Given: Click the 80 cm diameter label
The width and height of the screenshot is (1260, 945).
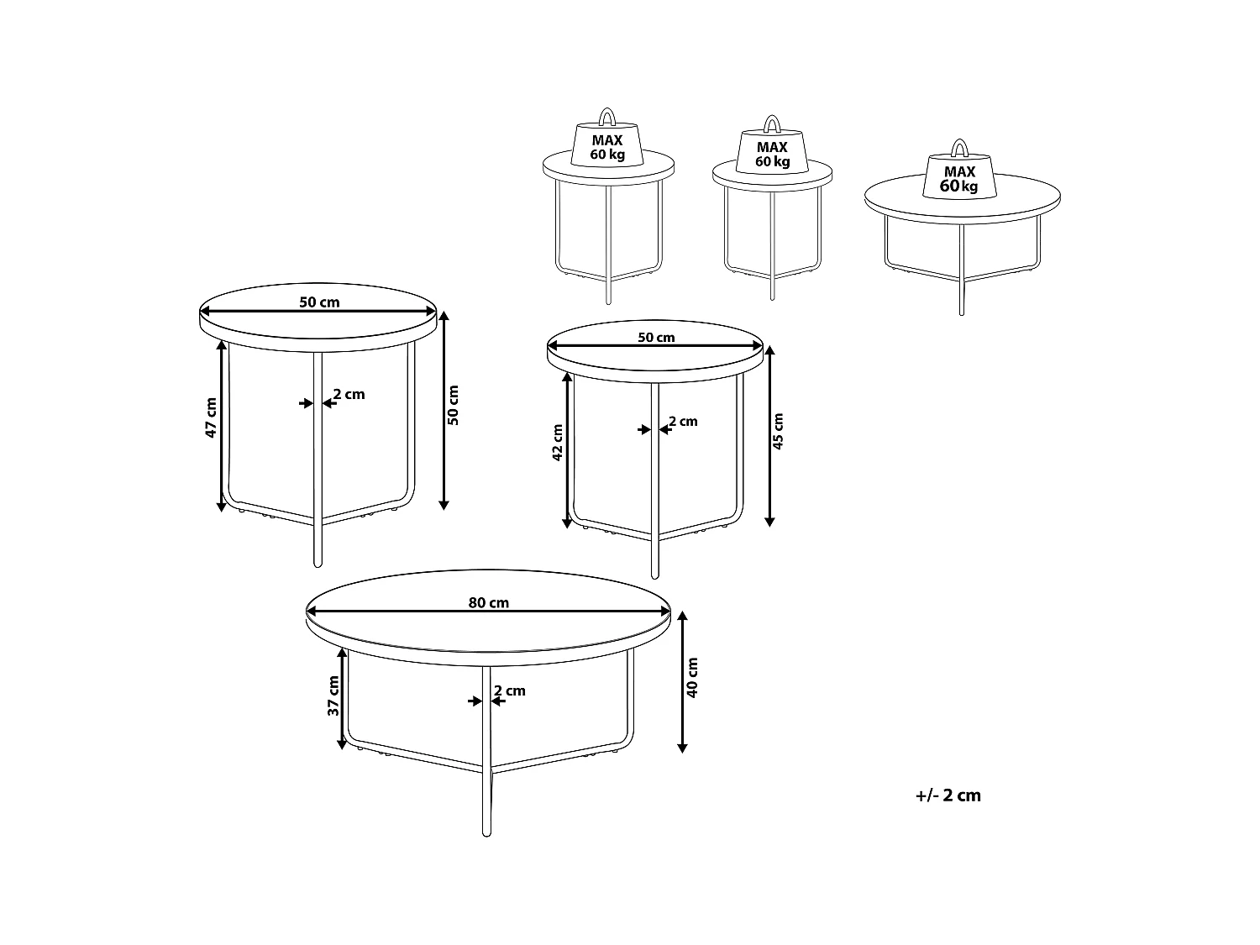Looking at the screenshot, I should (488, 602).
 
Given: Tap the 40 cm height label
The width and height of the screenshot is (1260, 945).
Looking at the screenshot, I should (692, 678).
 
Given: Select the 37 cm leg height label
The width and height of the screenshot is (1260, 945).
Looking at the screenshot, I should (333, 696).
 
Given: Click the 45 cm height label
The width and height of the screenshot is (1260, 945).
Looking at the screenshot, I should (778, 432).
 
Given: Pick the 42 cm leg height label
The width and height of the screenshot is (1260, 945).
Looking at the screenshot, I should (558, 443).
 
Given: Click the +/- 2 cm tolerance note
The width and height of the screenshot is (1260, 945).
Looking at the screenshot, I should (948, 795).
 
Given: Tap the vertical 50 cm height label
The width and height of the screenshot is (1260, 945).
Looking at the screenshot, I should (454, 405).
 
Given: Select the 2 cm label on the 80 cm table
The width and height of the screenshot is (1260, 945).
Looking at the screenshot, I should (510, 690).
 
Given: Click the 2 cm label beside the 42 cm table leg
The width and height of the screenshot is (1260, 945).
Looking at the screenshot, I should (683, 421).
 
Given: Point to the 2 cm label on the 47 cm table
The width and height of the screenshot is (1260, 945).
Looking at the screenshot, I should (349, 394).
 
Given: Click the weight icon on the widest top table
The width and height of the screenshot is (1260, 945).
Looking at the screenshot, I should (959, 177).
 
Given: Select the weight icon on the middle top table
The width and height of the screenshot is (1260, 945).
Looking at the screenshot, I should (771, 151).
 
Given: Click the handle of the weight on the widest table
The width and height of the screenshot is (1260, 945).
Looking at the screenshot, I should (958, 149).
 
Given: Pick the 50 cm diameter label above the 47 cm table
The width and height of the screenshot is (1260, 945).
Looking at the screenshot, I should (319, 302).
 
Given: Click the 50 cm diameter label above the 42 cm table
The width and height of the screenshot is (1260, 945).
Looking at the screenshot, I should (656, 338).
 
